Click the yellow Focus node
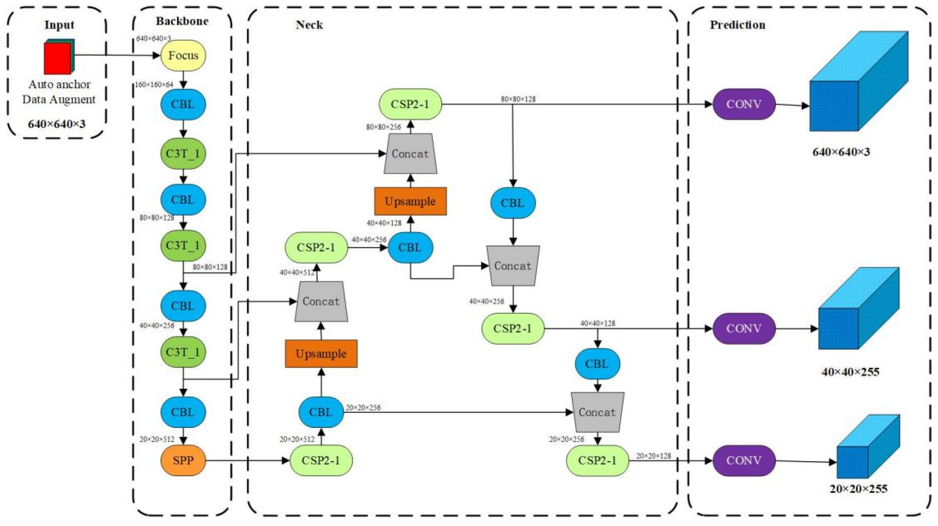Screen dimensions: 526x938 point(183,55)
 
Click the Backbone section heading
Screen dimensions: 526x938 point(182,21)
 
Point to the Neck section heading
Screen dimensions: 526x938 point(309,25)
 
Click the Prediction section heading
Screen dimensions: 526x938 point(737,25)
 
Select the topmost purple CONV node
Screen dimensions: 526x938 point(744,104)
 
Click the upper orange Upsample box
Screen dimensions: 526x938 point(410,201)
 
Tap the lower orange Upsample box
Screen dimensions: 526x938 point(321,353)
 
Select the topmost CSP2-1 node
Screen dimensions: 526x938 point(410,104)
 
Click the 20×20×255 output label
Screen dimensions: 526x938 point(858,489)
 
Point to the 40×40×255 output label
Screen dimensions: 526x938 point(850,372)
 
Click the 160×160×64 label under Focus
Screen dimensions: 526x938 point(154,85)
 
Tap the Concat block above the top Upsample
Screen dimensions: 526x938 point(410,154)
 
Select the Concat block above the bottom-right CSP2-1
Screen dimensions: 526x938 point(597,412)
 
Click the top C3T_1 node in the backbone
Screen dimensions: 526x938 point(183,153)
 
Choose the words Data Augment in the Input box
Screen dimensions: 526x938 point(59,99)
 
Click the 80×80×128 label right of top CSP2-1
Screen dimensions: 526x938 point(518,99)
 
